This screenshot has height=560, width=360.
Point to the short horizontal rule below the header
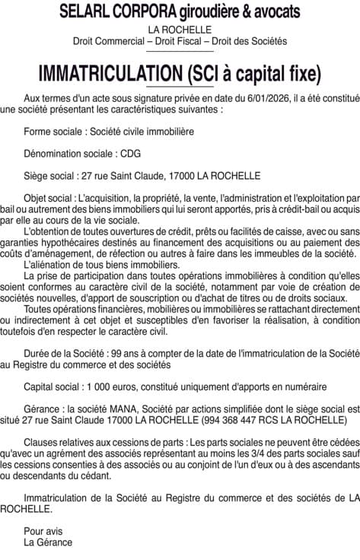tap(180, 52)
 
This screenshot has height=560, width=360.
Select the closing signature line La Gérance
tap(48, 542)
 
